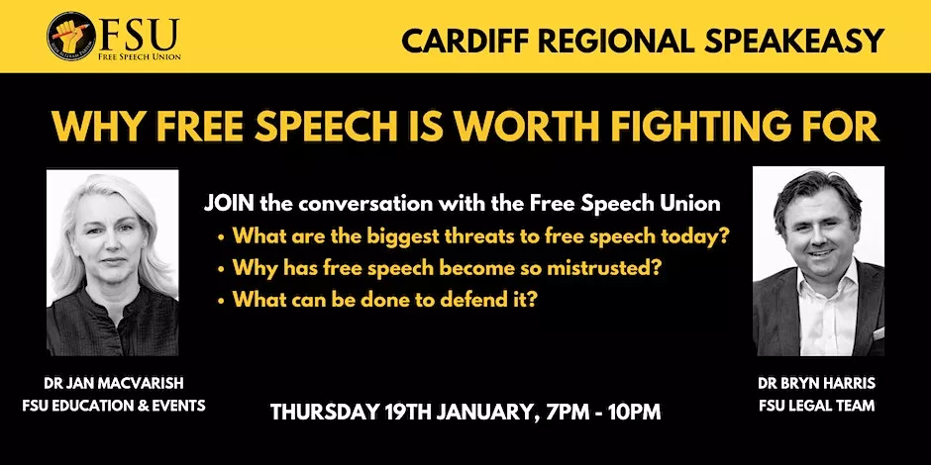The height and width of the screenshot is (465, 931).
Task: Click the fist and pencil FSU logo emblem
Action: pyautogui.click(x=71, y=37)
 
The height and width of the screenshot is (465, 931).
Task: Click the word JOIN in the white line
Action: pyautogui.click(x=230, y=204)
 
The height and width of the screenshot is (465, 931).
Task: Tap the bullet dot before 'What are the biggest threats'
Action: pyautogui.click(x=222, y=237)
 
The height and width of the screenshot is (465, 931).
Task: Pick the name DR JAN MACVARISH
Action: pyautogui.click(x=113, y=384)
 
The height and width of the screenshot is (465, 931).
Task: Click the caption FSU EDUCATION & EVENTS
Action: pyautogui.click(x=113, y=407)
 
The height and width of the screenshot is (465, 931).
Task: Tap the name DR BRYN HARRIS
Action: pyautogui.click(x=816, y=384)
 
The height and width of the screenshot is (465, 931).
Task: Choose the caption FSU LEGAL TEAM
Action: pyautogui.click(x=816, y=407)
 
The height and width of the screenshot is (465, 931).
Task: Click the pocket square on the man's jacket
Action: pyautogui.click(x=878, y=333)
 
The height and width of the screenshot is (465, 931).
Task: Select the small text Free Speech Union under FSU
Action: pyautogui.click(x=140, y=57)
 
